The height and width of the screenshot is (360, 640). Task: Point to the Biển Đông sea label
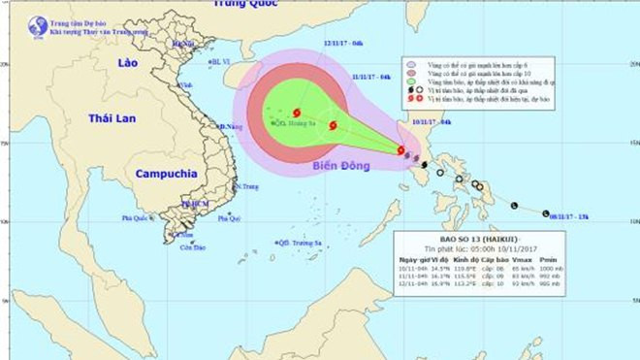pyautogui.click(x=340, y=166)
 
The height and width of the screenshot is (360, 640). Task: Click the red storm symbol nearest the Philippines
pyautogui.click(x=400, y=150)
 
